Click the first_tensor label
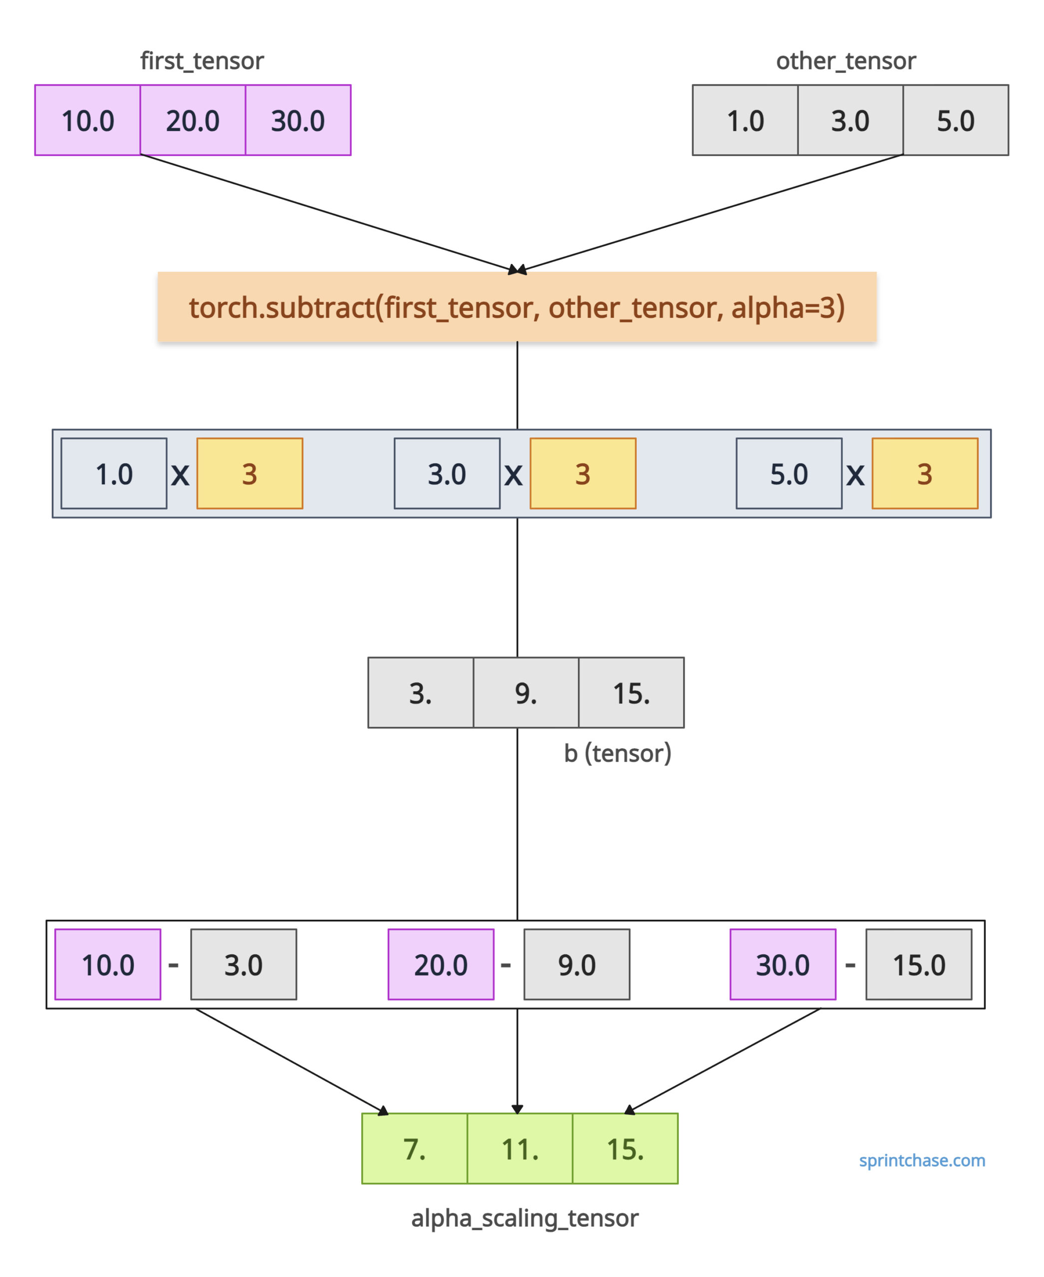(x=202, y=61)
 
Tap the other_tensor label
(x=846, y=61)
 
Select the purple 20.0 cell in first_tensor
(x=193, y=120)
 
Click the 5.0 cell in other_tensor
(x=956, y=120)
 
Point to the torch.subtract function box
(x=517, y=307)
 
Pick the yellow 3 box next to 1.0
(x=250, y=474)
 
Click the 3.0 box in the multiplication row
(x=447, y=474)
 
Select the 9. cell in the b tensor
(x=526, y=692)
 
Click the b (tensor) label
(x=618, y=753)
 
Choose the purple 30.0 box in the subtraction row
(x=783, y=965)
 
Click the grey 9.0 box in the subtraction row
(x=577, y=965)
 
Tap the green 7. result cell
(x=415, y=1149)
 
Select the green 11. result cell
(x=520, y=1149)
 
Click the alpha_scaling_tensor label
(x=525, y=1219)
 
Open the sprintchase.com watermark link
(x=922, y=1160)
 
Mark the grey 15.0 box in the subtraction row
(x=919, y=965)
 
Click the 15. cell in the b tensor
(x=631, y=692)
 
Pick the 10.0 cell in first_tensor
(x=88, y=120)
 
